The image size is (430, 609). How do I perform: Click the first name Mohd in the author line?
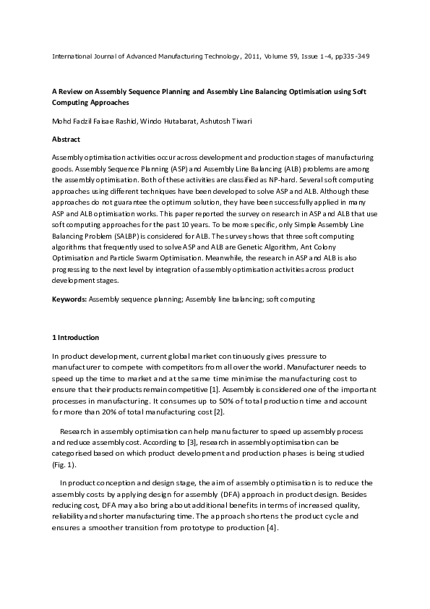61,121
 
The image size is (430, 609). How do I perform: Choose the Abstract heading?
66,139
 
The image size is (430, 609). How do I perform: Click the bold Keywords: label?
69,298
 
